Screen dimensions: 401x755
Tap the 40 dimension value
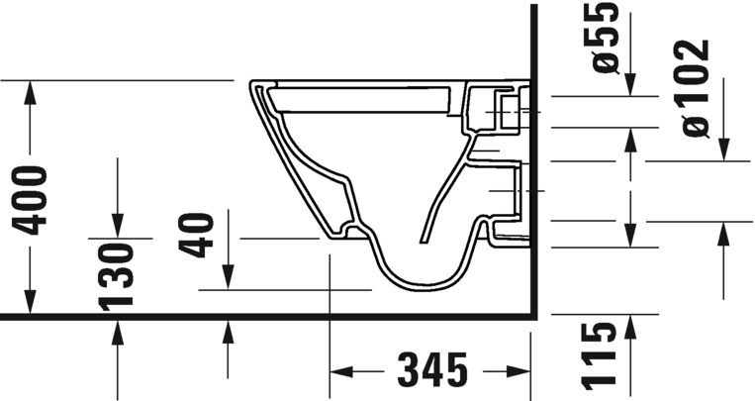[202, 233]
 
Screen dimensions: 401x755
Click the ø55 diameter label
[605, 39]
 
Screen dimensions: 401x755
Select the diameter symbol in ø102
[696, 125]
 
